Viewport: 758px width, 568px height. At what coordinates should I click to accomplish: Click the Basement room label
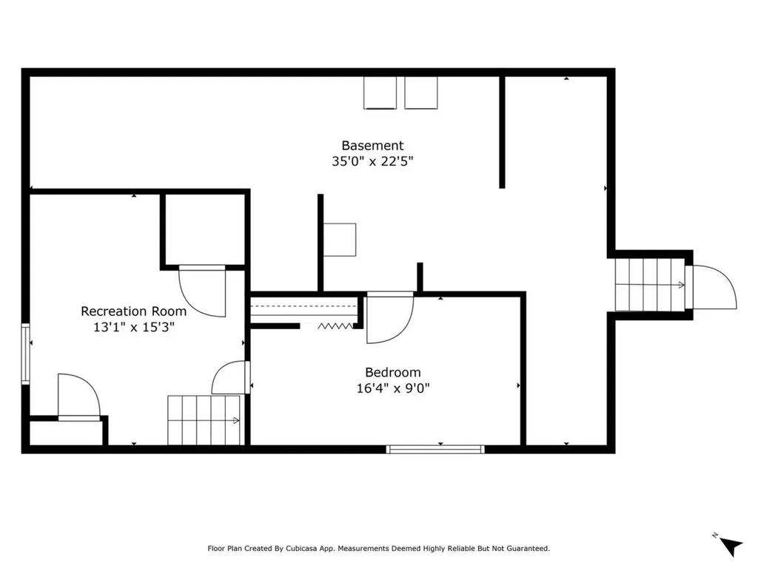click(x=372, y=146)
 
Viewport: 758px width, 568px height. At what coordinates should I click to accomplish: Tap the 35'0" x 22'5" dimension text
click(x=372, y=161)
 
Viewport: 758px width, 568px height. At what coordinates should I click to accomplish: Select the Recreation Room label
click(x=133, y=311)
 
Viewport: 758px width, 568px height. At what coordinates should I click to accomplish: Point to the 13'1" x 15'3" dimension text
click(x=133, y=327)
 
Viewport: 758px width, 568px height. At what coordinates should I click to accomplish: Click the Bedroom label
click(x=392, y=373)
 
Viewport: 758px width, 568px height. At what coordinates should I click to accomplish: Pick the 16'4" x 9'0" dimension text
click(x=392, y=388)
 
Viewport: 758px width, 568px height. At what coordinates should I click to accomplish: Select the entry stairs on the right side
click(x=650, y=285)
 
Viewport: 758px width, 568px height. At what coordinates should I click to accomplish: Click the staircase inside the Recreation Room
click(x=204, y=420)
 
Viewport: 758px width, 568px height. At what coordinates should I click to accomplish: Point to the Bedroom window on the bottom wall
click(x=435, y=449)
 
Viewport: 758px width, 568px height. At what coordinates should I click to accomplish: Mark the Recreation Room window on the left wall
click(x=26, y=354)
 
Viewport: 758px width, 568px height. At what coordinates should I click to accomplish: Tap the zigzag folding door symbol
click(x=335, y=326)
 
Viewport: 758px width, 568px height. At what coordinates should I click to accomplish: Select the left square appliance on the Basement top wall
click(x=380, y=92)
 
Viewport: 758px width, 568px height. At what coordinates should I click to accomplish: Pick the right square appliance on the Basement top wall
click(x=421, y=92)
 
